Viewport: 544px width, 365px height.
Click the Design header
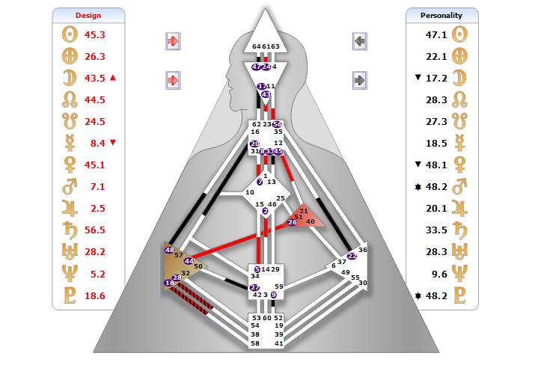tap(88, 15)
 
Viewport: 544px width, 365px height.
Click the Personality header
tap(441, 15)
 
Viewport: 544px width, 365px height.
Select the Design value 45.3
tap(95, 34)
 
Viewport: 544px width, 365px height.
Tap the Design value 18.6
tap(95, 296)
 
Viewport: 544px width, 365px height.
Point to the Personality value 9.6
tap(438, 274)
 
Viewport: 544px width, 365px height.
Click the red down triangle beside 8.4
tap(113, 143)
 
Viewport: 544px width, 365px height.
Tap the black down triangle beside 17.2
tap(418, 78)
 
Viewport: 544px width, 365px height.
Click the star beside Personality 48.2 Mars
tap(418, 186)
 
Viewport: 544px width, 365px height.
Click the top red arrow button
tap(173, 41)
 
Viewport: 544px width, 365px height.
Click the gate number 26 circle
tap(292, 222)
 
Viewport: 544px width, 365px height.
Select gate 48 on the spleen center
tap(169, 250)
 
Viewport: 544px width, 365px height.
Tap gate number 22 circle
tap(352, 256)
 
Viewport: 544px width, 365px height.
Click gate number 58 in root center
tap(256, 343)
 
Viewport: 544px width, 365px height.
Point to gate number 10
tap(250, 192)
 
